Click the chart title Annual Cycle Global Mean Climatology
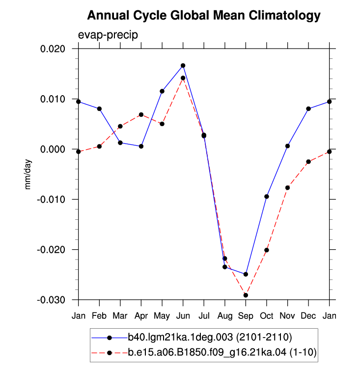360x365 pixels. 204,16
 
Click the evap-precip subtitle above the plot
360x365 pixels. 108,35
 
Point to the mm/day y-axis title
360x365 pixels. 28,174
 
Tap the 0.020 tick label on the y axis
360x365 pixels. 53,49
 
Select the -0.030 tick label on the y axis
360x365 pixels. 51,300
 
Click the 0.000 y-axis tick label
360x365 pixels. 53,149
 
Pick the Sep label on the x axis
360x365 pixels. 246,316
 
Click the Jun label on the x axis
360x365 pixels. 183,316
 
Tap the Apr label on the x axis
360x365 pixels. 141,316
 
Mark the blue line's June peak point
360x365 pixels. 183,66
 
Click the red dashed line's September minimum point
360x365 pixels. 246,295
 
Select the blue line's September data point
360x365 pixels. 246,274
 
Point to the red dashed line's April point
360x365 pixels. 141,114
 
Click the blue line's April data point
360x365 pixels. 141,146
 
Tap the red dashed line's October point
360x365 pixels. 267,250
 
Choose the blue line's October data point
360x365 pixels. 267,197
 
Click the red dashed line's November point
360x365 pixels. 287,187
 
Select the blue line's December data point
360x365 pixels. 308,109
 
